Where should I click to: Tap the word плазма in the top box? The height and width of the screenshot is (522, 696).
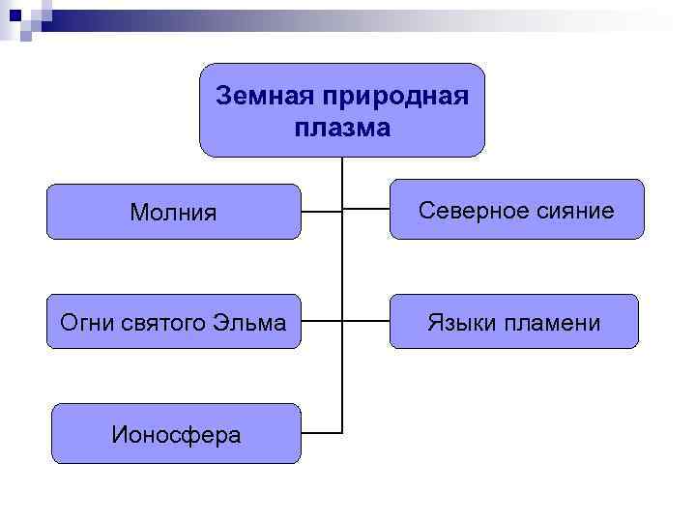click(341, 128)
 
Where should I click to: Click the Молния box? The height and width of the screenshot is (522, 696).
click(174, 211)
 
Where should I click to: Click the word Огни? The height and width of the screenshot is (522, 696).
click(85, 322)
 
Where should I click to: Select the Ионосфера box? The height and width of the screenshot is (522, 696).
click(174, 433)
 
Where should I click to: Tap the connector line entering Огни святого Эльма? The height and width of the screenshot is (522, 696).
click(321, 321)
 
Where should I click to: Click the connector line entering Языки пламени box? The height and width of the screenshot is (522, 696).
click(365, 321)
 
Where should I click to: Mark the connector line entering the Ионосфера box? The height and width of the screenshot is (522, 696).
click(321, 432)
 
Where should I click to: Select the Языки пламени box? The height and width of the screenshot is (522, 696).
click(513, 322)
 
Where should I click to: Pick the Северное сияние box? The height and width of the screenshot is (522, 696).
click(515, 210)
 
